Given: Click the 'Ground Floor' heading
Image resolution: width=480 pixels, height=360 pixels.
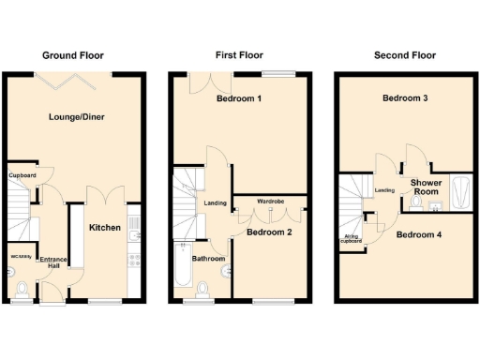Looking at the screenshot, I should click(73, 55).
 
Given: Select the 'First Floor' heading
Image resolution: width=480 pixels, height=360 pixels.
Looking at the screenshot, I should click(239, 55).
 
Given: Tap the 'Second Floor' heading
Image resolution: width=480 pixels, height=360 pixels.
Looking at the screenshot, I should click(404, 55).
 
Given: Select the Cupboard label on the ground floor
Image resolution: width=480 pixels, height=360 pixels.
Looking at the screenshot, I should click(22, 175).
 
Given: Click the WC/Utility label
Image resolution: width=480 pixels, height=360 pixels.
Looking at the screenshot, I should click(21, 256).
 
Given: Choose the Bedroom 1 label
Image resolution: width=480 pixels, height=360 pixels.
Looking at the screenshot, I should click(239, 99).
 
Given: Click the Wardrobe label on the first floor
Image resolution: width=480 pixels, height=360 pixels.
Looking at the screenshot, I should click(271, 201).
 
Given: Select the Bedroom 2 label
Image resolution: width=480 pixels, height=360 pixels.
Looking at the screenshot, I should click(271, 232).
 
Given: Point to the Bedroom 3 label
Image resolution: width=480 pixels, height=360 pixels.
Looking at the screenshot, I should click(405, 97).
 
